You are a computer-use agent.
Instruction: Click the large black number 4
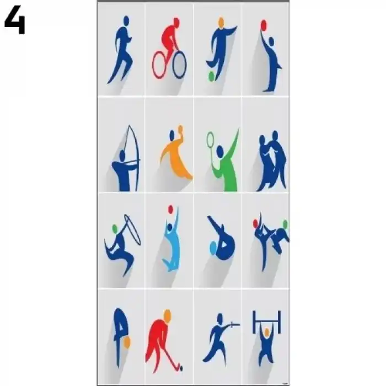[15, 20]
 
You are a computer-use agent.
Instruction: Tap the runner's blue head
[126, 20]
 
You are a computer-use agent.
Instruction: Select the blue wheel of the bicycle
[179, 65]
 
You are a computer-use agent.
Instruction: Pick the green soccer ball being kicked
[211, 76]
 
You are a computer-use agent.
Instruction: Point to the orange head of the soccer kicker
[221, 22]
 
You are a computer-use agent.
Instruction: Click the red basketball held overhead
[264, 25]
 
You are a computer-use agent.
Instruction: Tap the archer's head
[122, 155]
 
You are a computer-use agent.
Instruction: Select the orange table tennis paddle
[180, 129]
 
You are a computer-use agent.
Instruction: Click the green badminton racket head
[210, 139]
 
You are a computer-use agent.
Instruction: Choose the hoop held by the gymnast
[132, 230]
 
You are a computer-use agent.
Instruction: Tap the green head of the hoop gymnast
[115, 229]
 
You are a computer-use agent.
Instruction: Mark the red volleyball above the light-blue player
[171, 210]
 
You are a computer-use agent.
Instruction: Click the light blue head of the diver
[213, 248]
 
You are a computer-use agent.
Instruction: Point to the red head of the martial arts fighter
[255, 223]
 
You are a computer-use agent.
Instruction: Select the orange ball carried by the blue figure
[127, 342]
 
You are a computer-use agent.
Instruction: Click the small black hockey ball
[181, 368]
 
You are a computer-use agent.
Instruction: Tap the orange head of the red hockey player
[168, 315]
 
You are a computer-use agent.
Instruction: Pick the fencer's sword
[233, 325]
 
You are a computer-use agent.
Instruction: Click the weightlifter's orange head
[266, 333]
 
